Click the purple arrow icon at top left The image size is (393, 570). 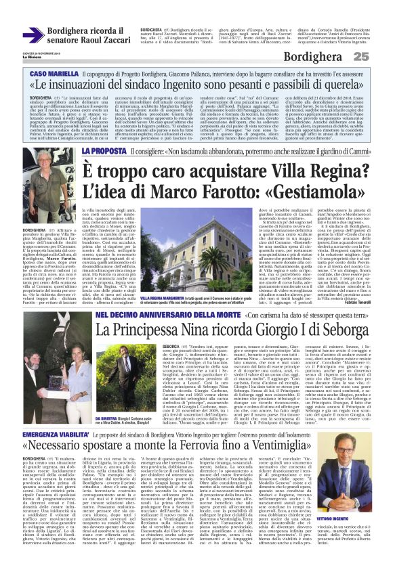coord(33,35)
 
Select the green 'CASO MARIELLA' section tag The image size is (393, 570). coord(72,72)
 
